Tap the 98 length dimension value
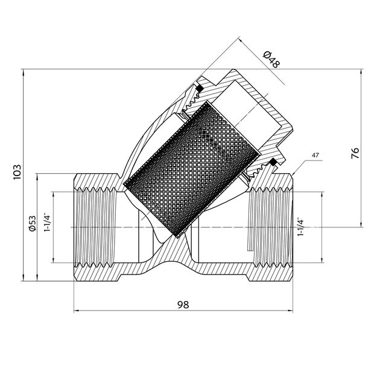pos(183,305)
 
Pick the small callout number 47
pos(315,156)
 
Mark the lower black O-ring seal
pos(272,161)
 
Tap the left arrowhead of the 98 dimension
pos(76,311)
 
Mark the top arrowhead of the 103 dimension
pos(23,73)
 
